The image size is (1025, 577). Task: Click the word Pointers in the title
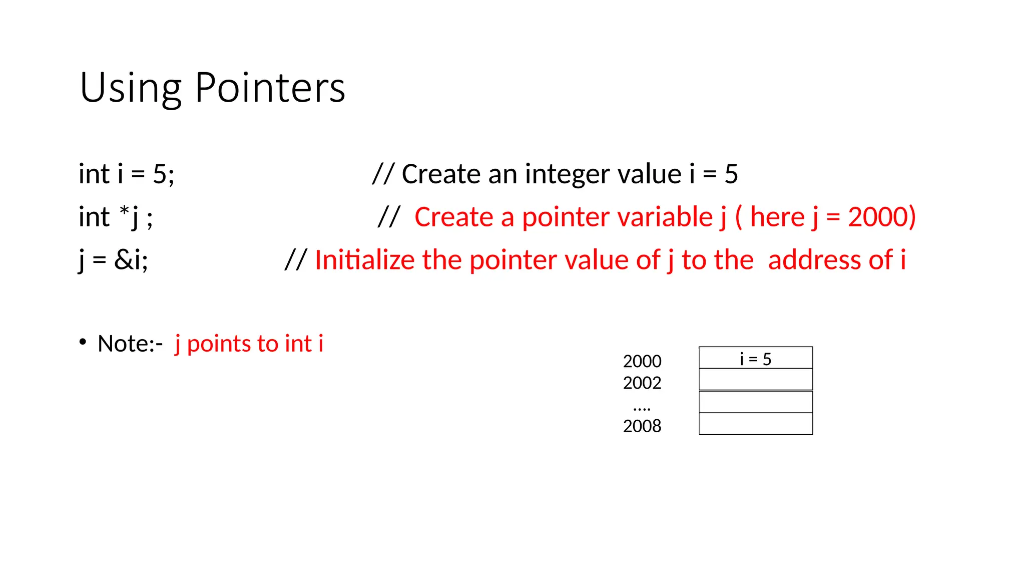point(270,88)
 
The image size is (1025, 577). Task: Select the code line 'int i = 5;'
point(127,174)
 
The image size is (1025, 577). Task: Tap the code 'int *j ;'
point(116,217)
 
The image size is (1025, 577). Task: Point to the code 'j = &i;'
point(113,260)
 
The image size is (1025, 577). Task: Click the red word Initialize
point(364,260)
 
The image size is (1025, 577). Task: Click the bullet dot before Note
point(83,342)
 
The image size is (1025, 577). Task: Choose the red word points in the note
point(219,344)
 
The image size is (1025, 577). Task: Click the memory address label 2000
point(642,361)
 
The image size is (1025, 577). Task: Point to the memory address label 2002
point(642,383)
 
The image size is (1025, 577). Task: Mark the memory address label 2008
point(642,426)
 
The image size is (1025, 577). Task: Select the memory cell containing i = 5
point(756,358)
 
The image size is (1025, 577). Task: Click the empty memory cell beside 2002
point(756,380)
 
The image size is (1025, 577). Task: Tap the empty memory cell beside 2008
point(756,424)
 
